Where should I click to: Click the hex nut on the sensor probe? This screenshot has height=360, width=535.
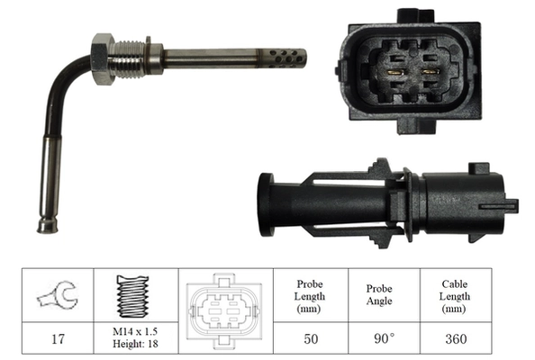102,58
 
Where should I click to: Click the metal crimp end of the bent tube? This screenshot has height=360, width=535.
46,221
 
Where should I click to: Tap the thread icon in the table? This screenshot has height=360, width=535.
132,294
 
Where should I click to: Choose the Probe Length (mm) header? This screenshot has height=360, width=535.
309,295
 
